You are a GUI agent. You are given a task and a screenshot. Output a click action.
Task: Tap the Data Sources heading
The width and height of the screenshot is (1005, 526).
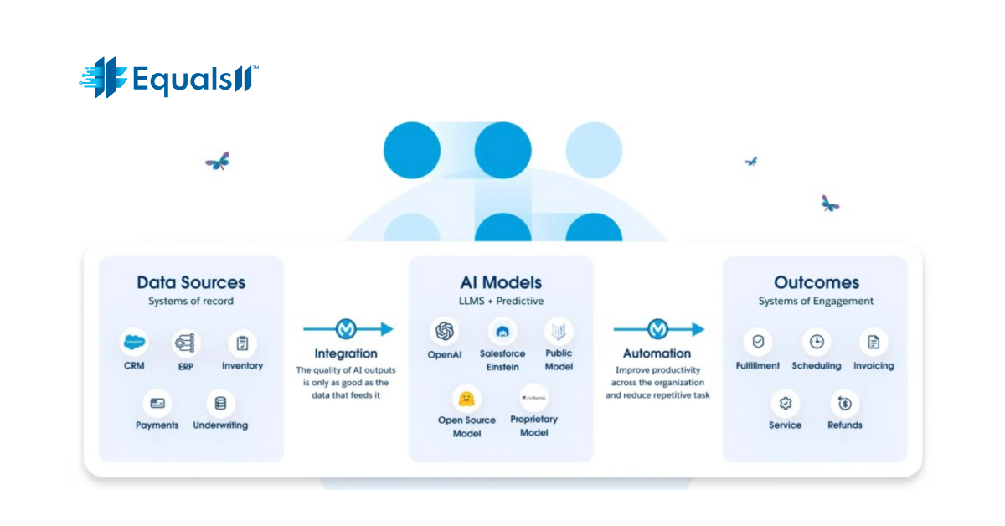click(x=191, y=282)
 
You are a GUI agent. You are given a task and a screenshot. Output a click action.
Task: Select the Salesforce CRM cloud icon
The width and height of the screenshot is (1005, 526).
click(x=134, y=343)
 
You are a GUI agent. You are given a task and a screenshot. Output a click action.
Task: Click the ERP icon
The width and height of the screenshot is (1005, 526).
click(x=186, y=343)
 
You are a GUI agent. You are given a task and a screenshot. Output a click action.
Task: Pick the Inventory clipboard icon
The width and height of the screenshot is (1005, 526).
click(x=242, y=343)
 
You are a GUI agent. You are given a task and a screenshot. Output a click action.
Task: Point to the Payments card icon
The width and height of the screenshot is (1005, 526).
click(x=157, y=403)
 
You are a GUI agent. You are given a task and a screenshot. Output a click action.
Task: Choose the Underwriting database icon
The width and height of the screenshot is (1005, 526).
click(x=220, y=403)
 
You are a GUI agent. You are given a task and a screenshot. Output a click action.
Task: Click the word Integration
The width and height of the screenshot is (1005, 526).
click(x=346, y=353)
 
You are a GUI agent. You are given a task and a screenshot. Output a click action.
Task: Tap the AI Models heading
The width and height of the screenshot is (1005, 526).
click(x=501, y=282)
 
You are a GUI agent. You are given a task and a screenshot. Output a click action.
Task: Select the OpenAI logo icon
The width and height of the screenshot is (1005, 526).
click(x=444, y=331)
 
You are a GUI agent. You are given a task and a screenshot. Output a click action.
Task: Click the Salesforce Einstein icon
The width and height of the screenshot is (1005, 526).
click(x=502, y=331)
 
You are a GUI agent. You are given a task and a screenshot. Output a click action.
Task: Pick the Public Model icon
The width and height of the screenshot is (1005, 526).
click(x=559, y=330)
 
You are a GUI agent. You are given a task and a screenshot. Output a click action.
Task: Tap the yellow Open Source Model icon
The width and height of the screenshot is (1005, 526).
click(x=467, y=398)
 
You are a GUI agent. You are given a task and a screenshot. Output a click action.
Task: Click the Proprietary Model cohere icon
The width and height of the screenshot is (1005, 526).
click(x=533, y=397)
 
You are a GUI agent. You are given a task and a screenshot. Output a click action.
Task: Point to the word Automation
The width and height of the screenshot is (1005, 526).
click(x=657, y=353)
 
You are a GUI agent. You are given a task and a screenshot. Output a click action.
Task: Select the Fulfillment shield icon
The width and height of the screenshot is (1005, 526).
click(x=758, y=342)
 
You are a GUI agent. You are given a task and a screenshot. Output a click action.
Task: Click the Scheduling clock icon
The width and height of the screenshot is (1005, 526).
click(x=817, y=342)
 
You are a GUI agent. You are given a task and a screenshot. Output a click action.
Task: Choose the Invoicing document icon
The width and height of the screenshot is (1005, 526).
click(x=874, y=342)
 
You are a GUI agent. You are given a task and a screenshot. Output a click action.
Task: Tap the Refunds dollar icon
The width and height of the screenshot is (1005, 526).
click(x=844, y=404)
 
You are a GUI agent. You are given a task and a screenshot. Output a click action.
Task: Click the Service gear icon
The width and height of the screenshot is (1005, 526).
click(x=786, y=404)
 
